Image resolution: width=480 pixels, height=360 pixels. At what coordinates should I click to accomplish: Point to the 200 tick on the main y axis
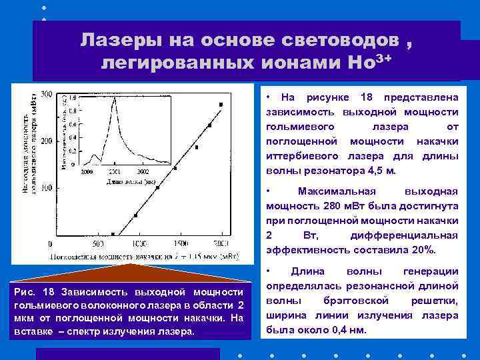[x=46, y=141]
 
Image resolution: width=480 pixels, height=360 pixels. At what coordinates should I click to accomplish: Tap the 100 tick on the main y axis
[x=46, y=189]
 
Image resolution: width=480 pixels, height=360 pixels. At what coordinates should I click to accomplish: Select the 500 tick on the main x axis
[x=97, y=244]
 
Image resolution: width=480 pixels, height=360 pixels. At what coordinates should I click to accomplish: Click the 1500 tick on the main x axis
[x=180, y=244]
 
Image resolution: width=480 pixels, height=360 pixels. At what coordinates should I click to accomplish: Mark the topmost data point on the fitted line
[x=221, y=104]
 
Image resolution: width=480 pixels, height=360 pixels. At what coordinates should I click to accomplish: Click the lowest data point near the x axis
[x=113, y=234]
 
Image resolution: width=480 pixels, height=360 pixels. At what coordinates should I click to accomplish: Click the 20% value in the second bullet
[x=423, y=250]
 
